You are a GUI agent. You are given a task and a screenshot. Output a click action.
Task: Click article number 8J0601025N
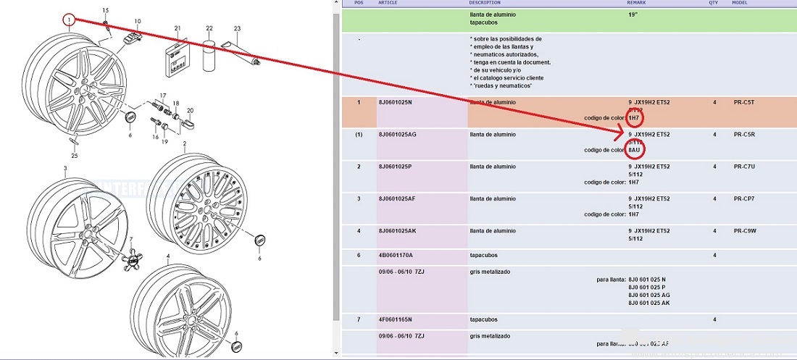[396, 103]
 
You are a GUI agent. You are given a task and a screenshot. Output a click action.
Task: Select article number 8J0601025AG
[397, 135]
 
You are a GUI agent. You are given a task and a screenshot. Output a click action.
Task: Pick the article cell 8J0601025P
[396, 167]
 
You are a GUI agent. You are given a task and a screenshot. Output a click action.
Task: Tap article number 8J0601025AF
[397, 198]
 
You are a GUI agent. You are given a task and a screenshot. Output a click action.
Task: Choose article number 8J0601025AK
[397, 230]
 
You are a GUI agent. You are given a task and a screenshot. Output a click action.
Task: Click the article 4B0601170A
[396, 255]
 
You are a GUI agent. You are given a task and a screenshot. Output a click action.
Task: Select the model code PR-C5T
[744, 103]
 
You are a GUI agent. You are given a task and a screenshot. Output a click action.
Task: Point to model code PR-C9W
[745, 230]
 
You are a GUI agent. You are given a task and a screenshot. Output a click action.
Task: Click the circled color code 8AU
[634, 151]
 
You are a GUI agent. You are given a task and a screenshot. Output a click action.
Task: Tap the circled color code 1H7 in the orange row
[633, 118]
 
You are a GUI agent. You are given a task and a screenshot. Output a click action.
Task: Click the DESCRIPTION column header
[485, 3]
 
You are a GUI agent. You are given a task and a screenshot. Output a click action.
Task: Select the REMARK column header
[636, 3]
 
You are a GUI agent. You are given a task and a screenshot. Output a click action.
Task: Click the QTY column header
[714, 3]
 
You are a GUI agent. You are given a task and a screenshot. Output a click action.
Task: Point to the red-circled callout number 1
[69, 20]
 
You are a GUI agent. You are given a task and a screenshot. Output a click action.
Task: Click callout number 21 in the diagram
[177, 28]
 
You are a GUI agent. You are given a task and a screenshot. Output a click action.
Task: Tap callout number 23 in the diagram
[236, 28]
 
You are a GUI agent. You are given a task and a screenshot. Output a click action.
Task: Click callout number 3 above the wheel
[64, 169]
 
